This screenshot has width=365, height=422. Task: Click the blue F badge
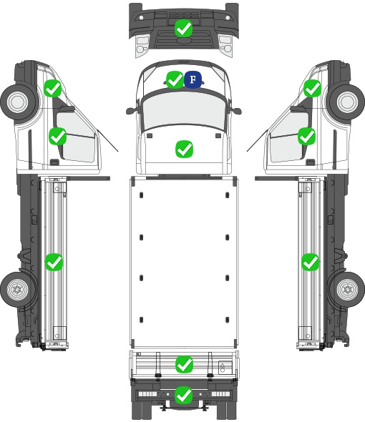tap(193, 79)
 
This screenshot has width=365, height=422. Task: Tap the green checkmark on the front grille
tap(183, 28)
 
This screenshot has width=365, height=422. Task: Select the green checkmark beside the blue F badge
tap(175, 79)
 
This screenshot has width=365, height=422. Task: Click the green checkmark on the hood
tap(184, 149)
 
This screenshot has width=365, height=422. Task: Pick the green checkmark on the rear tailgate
tap(184, 364)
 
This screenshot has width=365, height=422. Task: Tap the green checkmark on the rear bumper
tap(184, 395)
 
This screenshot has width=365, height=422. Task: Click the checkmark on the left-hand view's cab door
tap(58, 136)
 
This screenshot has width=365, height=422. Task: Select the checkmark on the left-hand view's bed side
tap(54, 262)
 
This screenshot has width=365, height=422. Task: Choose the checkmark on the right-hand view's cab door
tap(306, 136)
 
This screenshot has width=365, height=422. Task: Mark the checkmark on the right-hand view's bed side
tap(311, 262)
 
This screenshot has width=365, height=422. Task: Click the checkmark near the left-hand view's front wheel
tap(53, 88)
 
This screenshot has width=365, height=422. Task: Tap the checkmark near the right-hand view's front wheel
tap(313, 88)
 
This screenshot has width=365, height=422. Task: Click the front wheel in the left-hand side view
tap(18, 102)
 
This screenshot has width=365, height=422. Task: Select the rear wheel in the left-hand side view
tap(18, 290)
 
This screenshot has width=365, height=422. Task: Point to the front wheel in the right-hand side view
tap(347, 102)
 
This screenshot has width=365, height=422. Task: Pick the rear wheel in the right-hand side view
tap(347, 290)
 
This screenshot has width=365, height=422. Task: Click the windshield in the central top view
tap(183, 111)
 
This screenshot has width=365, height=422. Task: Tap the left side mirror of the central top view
tap(132, 110)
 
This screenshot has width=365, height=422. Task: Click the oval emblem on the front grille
tap(183, 40)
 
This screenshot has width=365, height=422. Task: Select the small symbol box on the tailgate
tap(225, 368)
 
